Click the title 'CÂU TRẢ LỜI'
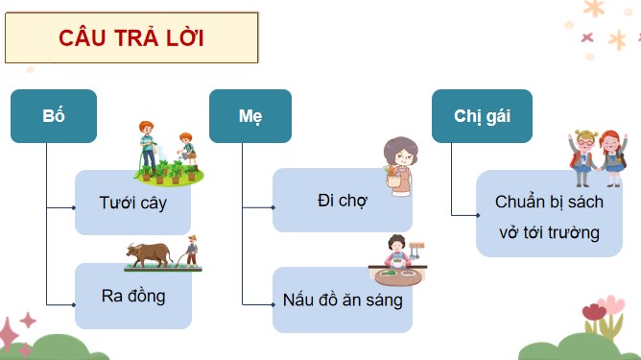coord(131,38)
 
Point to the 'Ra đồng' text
coord(132,296)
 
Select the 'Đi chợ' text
coord(342,202)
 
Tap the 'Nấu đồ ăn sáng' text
coord(343,299)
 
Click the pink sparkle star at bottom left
coord(27,321)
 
